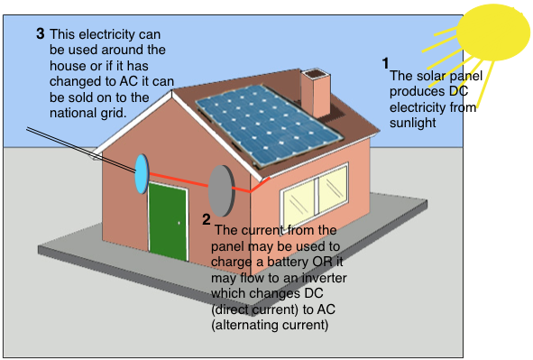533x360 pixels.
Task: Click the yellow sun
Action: click(x=493, y=32)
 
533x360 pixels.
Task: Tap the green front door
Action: click(x=169, y=222)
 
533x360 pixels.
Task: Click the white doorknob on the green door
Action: click(x=179, y=223)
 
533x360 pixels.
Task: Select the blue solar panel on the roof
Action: click(x=270, y=125)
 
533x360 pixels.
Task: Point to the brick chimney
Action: click(x=316, y=94)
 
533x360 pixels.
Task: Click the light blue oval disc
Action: click(x=142, y=174)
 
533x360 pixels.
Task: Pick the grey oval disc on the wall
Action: click(x=221, y=190)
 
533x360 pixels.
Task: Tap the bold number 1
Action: click(x=385, y=63)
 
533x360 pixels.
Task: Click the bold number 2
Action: click(x=206, y=219)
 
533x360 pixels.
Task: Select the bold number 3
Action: click(x=40, y=33)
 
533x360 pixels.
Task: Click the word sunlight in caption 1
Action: click(x=413, y=123)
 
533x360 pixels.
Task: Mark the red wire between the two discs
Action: click(x=179, y=180)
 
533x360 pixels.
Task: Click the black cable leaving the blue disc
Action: click(x=81, y=150)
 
